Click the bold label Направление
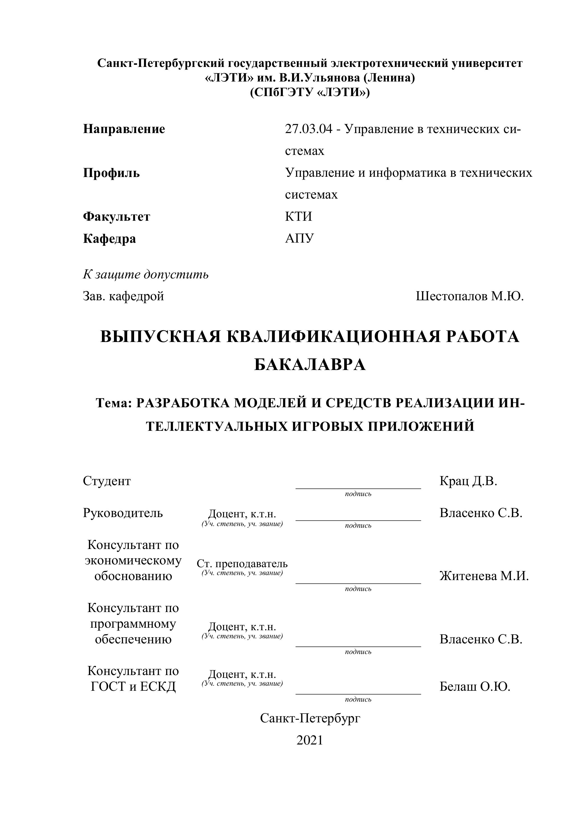[x=124, y=129]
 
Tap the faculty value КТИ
[x=298, y=217]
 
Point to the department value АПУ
[x=300, y=238]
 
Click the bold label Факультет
[x=116, y=217]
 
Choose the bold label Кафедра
[x=109, y=238]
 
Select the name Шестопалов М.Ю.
[x=470, y=296]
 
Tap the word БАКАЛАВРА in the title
[x=310, y=365]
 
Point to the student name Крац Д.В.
[x=468, y=481]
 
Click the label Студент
[x=107, y=481]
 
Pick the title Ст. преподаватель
[x=242, y=564]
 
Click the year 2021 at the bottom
[x=309, y=741]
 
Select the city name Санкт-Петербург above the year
[x=310, y=718]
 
